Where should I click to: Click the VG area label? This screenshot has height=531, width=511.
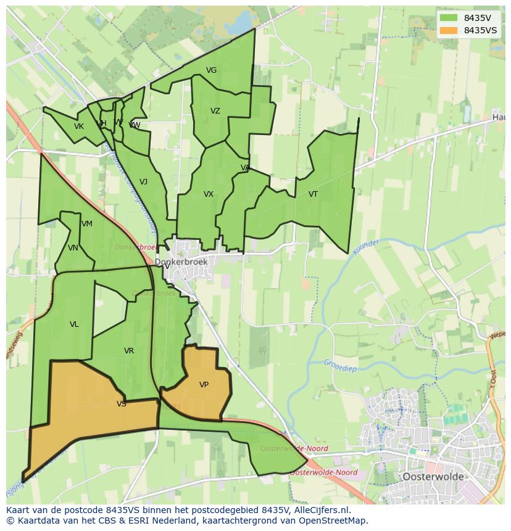211,70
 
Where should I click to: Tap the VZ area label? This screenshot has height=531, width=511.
215,111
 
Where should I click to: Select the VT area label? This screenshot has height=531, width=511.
313,194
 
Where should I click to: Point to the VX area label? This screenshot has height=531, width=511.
209,194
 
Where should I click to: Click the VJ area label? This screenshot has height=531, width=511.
143,182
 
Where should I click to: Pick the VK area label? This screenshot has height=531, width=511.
78,126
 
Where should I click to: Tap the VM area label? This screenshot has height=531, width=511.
86,224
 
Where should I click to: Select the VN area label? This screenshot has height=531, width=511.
73,248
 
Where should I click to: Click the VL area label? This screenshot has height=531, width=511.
74,324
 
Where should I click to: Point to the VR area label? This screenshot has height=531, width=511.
128,351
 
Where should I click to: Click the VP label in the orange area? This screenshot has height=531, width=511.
204,385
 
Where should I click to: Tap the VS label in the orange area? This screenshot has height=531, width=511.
121,404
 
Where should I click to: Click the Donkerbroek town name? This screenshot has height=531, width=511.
181,262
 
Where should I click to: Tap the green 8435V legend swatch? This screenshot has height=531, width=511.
449,18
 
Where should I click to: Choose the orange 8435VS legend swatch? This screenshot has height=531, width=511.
449,30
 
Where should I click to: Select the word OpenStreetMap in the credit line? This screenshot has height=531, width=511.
334,521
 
